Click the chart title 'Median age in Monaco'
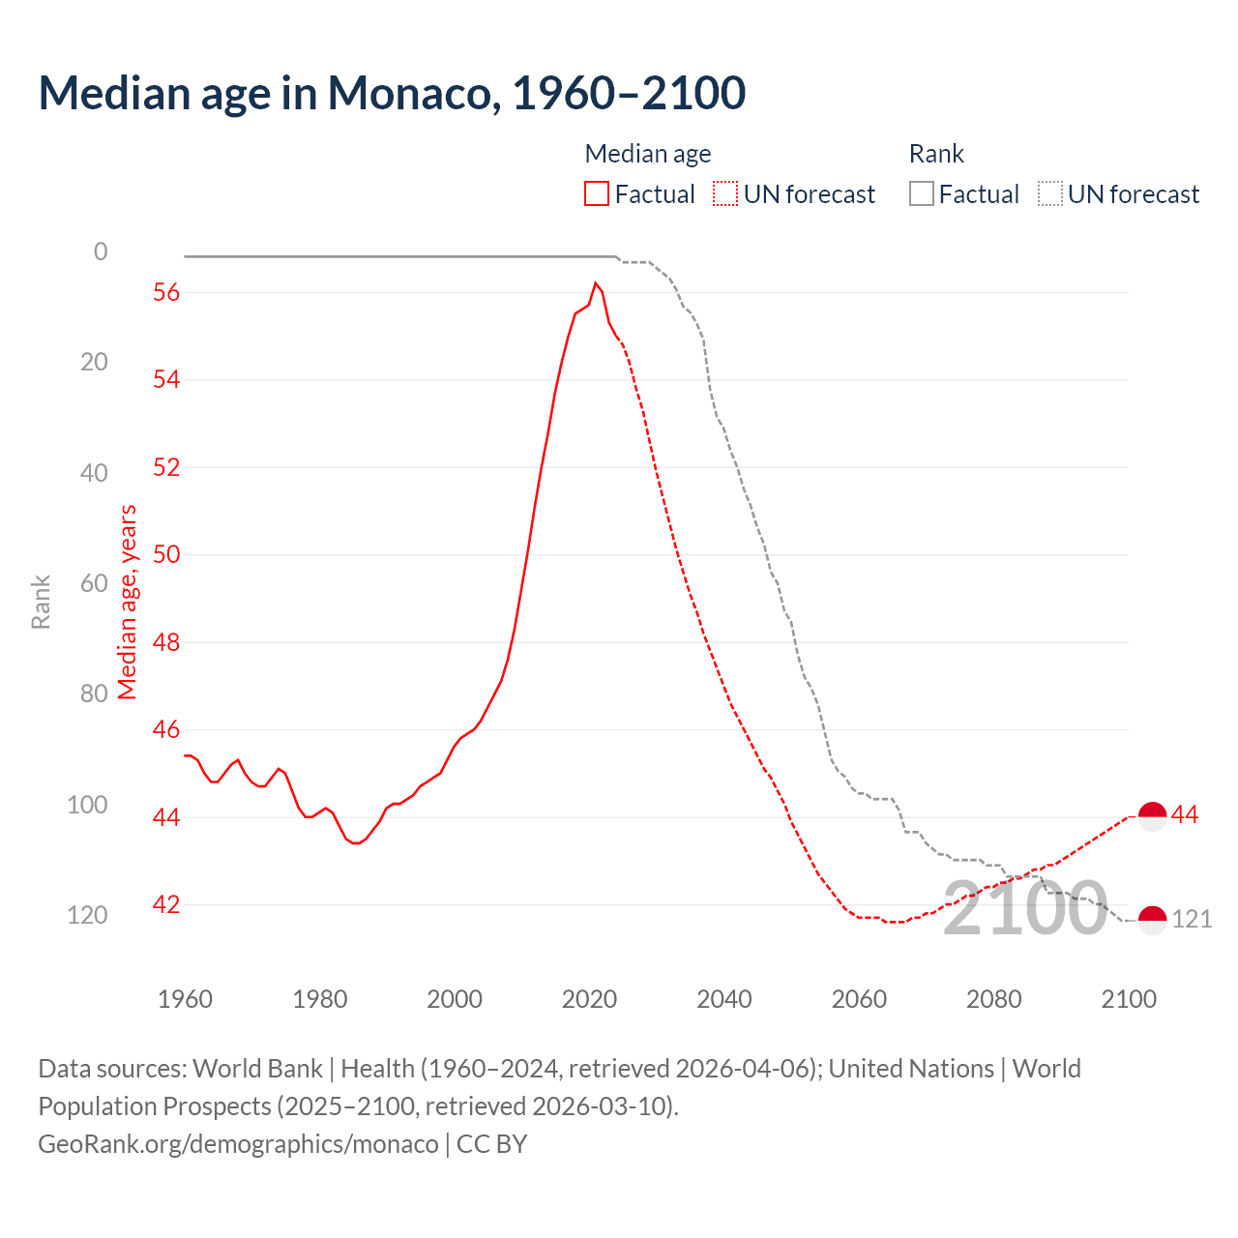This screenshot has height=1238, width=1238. [x=392, y=93]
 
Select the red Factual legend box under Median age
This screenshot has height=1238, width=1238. [x=597, y=194]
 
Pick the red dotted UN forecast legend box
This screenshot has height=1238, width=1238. [x=725, y=194]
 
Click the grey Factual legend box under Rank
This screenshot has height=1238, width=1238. [x=922, y=194]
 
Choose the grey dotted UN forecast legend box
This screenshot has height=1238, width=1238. [x=1050, y=194]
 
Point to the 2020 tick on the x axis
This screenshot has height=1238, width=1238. [x=589, y=999]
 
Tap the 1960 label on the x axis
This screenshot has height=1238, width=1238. [x=185, y=999]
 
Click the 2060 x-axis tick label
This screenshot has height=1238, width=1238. [x=859, y=999]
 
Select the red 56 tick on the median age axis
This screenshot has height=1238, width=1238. [x=166, y=292]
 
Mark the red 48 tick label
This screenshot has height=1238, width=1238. [x=166, y=642]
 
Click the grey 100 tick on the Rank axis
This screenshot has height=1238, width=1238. [x=87, y=805]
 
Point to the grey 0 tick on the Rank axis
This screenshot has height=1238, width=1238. [x=101, y=251]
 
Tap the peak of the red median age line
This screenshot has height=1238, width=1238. [x=595, y=283]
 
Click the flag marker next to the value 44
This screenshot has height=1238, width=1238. [x=1152, y=816]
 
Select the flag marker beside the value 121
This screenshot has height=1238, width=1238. [x=1152, y=920]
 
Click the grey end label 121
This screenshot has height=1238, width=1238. [x=1192, y=920]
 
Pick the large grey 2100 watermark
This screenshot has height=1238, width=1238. [x=1024, y=909]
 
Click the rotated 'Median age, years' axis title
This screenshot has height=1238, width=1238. [x=128, y=602]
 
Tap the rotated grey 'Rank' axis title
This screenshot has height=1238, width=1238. [x=41, y=602]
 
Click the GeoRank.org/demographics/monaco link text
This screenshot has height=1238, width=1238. [x=238, y=1144]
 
